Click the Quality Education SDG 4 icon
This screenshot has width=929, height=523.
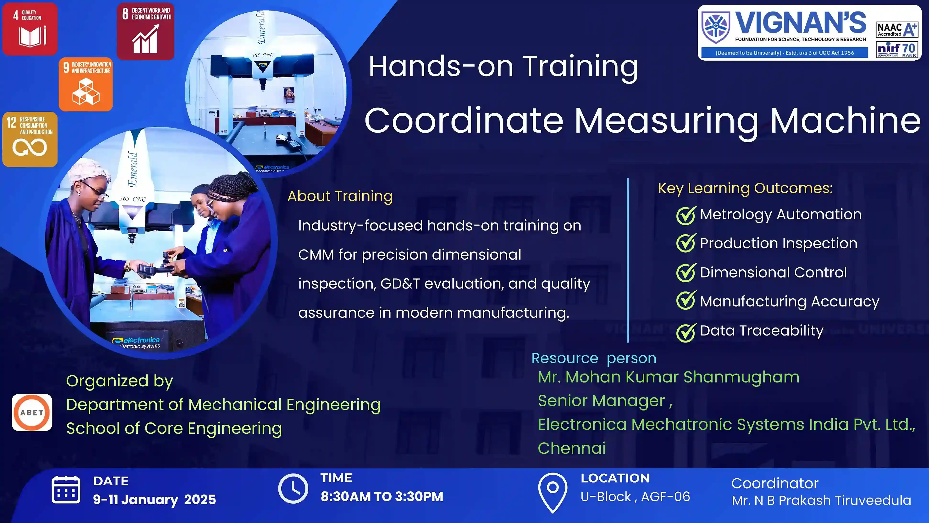(30, 29)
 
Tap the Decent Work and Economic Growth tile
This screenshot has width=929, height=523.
(145, 31)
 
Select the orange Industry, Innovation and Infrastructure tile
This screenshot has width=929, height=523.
(86, 84)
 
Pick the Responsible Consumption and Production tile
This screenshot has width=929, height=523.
(30, 139)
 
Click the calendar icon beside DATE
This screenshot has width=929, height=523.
(66, 489)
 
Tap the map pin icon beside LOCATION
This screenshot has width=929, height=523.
(553, 492)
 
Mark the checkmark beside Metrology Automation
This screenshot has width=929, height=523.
(686, 216)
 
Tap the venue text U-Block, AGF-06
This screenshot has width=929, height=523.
(635, 497)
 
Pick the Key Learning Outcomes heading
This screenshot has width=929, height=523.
(746, 188)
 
